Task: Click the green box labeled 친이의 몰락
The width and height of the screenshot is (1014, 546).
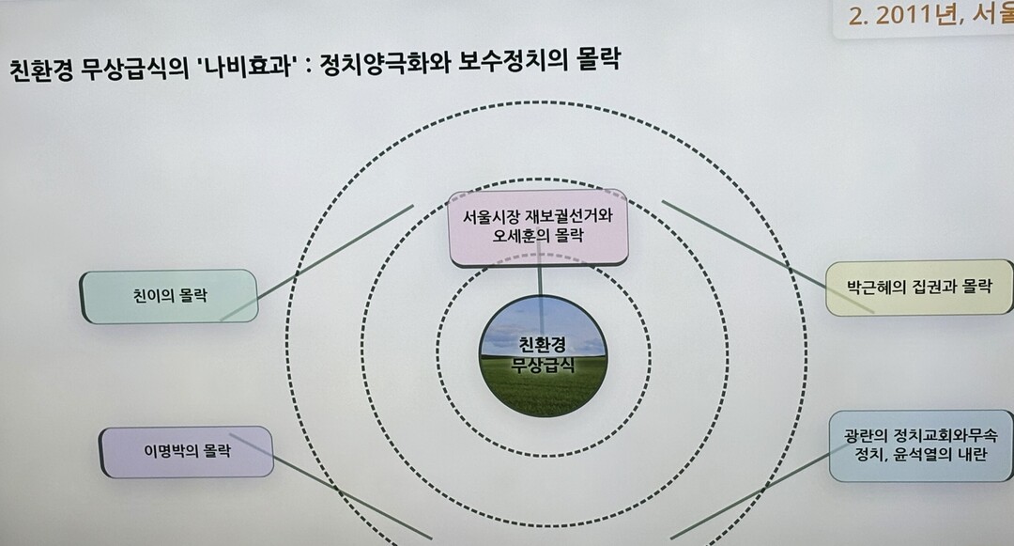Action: click(x=169, y=296)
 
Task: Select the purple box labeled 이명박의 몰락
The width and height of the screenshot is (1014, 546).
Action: click(x=186, y=451)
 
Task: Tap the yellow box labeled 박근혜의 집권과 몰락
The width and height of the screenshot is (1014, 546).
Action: click(x=919, y=288)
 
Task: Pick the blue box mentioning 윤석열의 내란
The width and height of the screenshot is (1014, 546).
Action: click(x=921, y=445)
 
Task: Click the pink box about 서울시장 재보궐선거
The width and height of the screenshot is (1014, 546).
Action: click(x=538, y=227)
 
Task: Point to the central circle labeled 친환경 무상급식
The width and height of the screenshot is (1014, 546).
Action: click(x=544, y=356)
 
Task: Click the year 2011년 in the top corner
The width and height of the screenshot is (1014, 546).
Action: click(x=914, y=14)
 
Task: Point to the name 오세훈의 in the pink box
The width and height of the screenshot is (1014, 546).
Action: click(x=518, y=236)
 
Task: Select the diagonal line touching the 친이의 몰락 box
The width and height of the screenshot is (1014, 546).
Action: click(x=317, y=262)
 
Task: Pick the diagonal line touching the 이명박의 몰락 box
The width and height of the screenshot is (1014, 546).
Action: click(x=330, y=486)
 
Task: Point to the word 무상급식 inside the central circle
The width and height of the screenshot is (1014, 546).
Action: click(x=543, y=365)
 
